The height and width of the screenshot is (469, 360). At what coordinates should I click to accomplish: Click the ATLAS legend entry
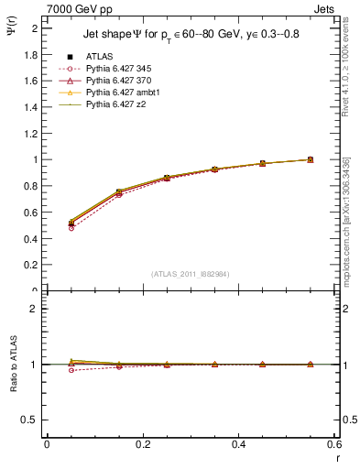point(98,57)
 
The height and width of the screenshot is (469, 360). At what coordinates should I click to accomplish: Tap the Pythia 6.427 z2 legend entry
point(113,104)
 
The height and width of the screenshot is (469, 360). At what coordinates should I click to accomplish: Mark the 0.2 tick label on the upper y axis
point(31,265)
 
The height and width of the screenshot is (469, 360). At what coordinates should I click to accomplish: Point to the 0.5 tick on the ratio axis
point(31,420)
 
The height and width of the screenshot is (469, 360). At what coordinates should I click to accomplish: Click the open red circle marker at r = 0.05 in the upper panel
point(46,227)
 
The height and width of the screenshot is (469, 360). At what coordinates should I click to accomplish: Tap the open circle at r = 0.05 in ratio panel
point(46,370)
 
